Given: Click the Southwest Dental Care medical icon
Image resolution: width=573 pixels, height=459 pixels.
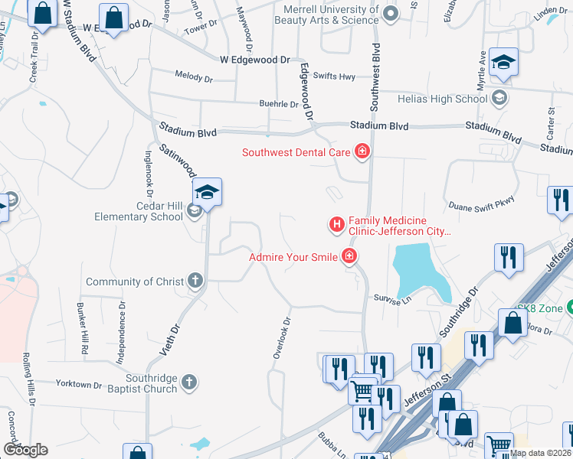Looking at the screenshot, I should click(x=362, y=152).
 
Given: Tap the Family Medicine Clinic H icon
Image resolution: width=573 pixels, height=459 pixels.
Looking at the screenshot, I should click(x=336, y=224).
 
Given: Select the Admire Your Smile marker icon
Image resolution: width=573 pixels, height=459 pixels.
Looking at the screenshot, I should click(x=349, y=257).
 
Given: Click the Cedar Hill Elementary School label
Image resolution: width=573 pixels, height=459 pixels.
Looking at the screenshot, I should click(x=139, y=211).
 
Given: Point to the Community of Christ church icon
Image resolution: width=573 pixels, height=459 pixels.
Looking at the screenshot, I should click(x=195, y=282).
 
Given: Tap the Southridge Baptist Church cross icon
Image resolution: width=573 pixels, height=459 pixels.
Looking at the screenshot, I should click(x=190, y=381).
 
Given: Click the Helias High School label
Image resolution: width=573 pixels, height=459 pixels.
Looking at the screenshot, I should click(x=443, y=99).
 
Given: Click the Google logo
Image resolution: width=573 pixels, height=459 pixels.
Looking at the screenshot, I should click(x=25, y=450).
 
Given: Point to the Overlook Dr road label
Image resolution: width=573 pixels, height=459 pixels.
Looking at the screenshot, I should click(x=283, y=339).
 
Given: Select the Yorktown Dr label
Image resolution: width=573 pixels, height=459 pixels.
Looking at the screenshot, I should click(x=79, y=384).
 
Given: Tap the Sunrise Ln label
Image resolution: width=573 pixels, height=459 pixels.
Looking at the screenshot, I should click(x=393, y=301).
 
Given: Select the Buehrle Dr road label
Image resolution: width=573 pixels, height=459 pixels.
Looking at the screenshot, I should click(x=278, y=105).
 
